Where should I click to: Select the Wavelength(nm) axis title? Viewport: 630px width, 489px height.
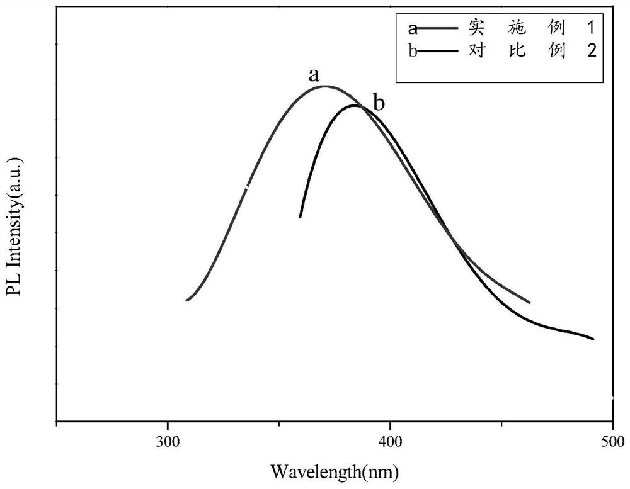(x=335, y=470)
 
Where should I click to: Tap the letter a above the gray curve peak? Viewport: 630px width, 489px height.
(x=313, y=75)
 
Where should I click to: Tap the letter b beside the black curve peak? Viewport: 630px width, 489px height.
(x=379, y=103)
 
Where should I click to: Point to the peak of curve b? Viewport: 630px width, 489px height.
(x=357, y=106)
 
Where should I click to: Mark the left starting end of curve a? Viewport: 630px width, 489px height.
(x=187, y=300)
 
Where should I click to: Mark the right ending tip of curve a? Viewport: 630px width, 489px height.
(x=529, y=303)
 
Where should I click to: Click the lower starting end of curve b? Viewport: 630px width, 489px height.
(x=300, y=217)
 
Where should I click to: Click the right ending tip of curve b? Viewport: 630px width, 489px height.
(x=593, y=339)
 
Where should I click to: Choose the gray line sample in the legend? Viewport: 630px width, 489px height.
(x=440, y=28)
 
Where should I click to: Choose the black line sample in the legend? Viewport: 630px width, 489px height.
(x=440, y=51)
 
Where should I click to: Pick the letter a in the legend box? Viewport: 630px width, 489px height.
(x=413, y=28)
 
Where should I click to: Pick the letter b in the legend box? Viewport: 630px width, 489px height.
(x=413, y=51)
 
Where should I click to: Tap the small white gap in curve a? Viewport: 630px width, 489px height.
(x=248, y=186)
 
